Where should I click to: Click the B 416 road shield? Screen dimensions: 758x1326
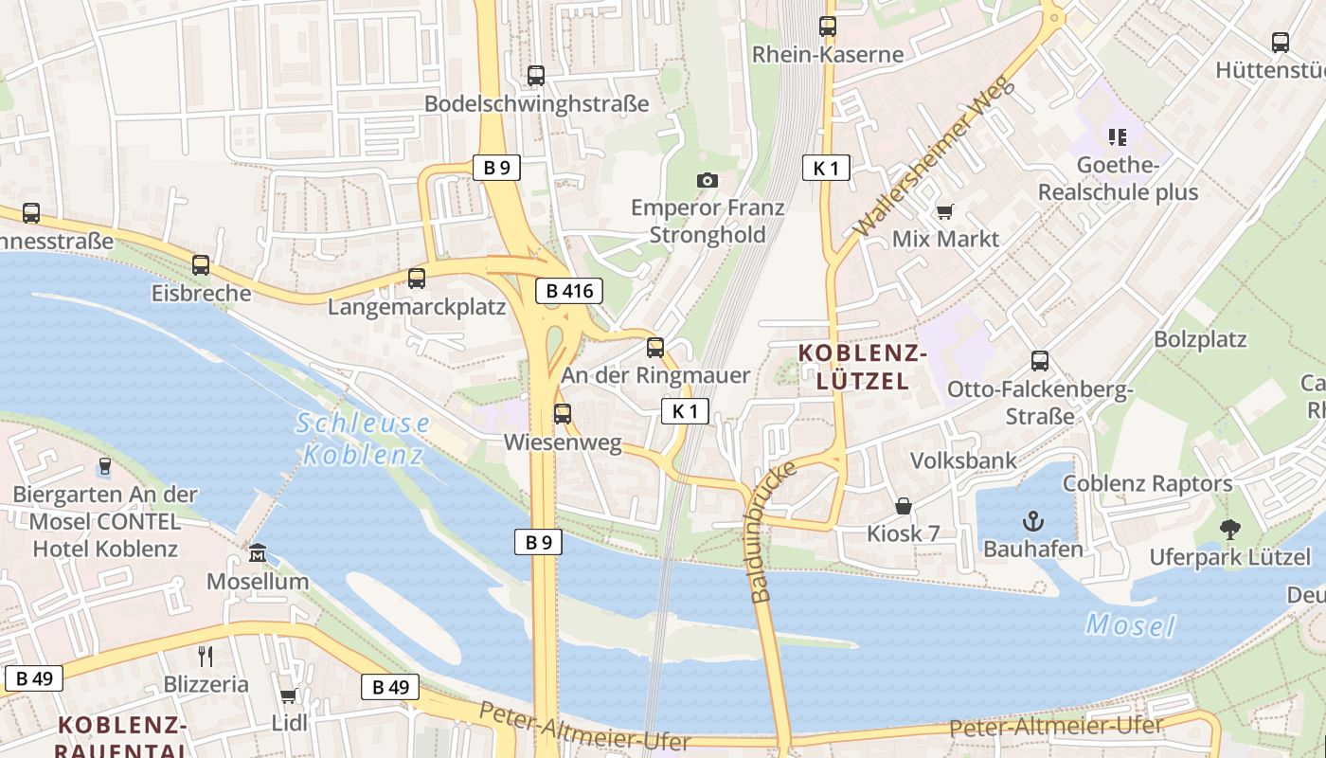pyautogui.click(x=569, y=291)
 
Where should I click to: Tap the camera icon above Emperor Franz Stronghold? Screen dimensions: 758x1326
pyautogui.click(x=707, y=180)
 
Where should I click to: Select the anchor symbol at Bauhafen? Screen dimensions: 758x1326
pyautogui.click(x=1032, y=520)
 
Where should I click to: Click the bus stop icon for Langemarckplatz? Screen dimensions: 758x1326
pyautogui.click(x=417, y=279)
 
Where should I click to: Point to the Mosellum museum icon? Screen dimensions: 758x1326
pyautogui.click(x=258, y=552)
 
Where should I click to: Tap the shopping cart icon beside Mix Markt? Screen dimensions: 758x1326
pyautogui.click(x=944, y=211)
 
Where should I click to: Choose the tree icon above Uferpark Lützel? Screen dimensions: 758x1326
pyautogui.click(x=1229, y=529)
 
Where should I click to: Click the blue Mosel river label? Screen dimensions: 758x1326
pyautogui.click(x=1130, y=625)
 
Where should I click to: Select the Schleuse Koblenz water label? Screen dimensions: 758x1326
pyautogui.click(x=363, y=439)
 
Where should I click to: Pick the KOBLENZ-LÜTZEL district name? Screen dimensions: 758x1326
pyautogui.click(x=862, y=368)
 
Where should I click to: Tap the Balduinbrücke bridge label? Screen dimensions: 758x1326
pyautogui.click(x=773, y=532)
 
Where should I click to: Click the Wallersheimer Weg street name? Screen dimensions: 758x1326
pyautogui.click(x=933, y=157)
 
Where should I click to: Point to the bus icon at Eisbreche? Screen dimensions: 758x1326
pyautogui.click(x=201, y=265)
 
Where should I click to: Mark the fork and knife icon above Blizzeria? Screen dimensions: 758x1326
pyautogui.click(x=206, y=656)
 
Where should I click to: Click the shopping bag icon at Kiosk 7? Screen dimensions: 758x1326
pyautogui.click(x=904, y=506)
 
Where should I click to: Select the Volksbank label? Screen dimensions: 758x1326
pyautogui.click(x=963, y=460)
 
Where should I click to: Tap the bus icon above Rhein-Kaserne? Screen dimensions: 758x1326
pyautogui.click(x=828, y=27)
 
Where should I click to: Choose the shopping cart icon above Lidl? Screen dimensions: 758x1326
pyautogui.click(x=288, y=696)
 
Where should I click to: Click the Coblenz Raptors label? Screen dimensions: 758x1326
pyautogui.click(x=1147, y=483)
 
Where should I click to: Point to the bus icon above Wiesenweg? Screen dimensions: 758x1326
pyautogui.click(x=563, y=414)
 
